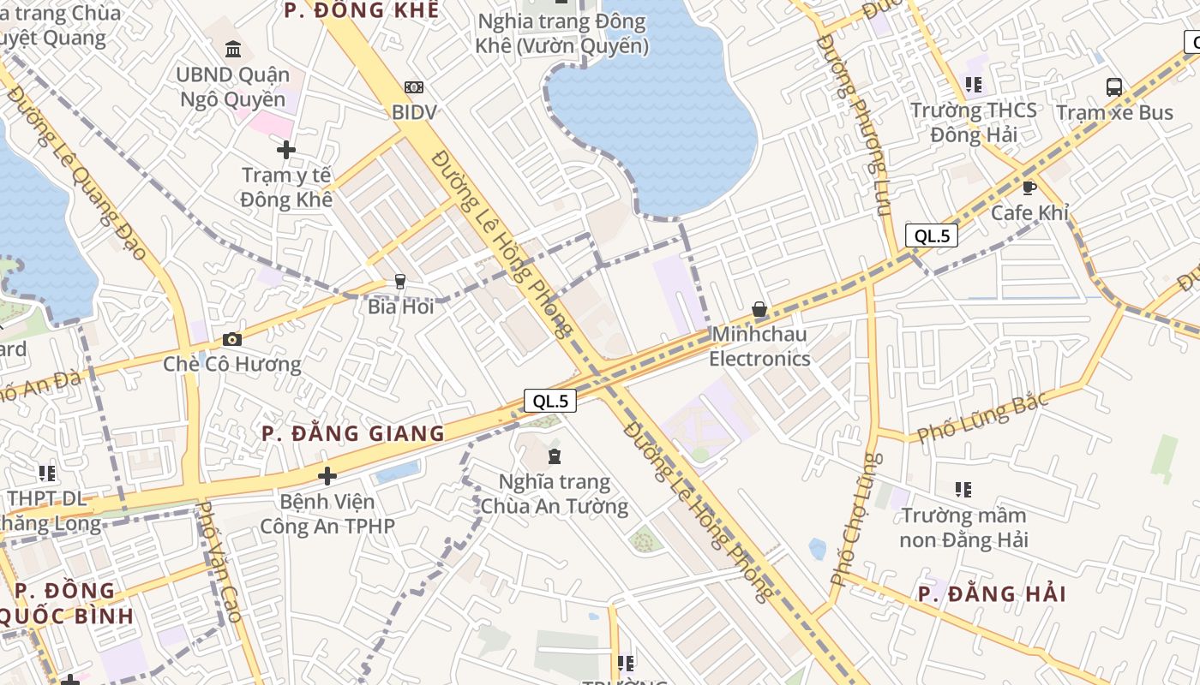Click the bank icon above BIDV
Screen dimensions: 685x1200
[414, 87]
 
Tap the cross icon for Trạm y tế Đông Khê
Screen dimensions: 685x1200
[286, 150]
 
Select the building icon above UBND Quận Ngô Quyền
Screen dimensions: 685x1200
[232, 49]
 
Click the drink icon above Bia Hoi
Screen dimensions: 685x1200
[399, 281]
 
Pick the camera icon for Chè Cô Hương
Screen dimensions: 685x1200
[231, 339]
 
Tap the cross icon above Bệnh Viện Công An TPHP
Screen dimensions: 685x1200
[327, 476]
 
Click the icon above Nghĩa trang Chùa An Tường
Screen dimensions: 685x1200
[555, 456]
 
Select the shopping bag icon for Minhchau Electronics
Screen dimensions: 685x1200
[759, 309]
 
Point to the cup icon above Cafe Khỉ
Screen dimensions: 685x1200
[1029, 188]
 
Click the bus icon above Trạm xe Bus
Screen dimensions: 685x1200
[1114, 87]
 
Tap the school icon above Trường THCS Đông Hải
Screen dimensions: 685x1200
[974, 85]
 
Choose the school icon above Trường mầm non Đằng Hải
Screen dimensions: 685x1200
[963, 490]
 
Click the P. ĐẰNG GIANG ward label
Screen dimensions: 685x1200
[353, 433]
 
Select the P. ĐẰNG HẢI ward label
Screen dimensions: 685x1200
[992, 594]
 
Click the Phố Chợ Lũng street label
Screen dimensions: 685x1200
[855, 520]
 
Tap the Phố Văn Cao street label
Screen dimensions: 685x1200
[219, 563]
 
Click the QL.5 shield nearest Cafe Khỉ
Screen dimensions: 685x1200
[931, 236]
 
